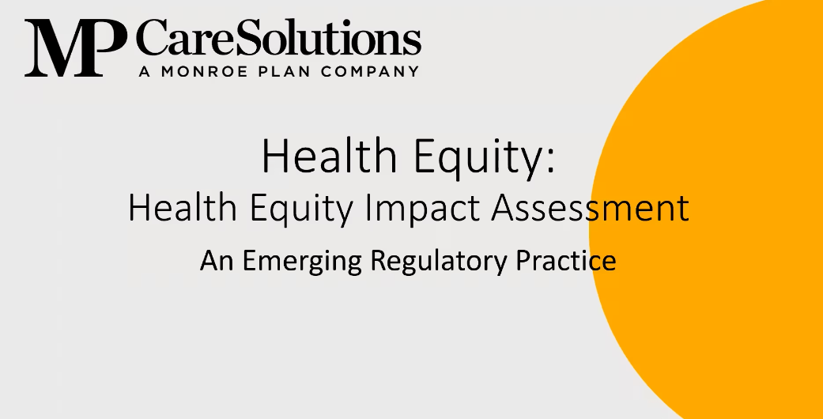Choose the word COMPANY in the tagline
(371, 71)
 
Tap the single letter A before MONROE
(144, 71)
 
